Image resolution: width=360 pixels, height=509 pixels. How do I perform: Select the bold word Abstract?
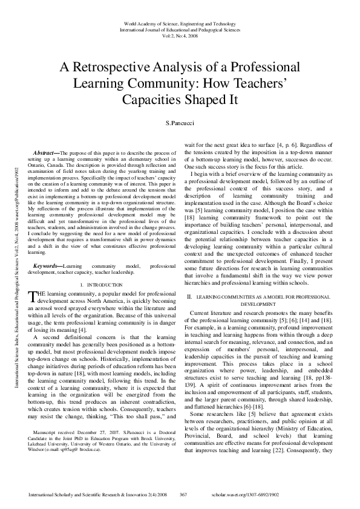tap(46, 155)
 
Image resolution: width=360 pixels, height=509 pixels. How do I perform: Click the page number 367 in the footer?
tap(183, 494)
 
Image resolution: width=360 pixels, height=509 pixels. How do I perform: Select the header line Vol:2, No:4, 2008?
tap(180, 34)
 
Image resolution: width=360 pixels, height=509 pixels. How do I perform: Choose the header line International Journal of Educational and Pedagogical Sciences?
tap(180, 28)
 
